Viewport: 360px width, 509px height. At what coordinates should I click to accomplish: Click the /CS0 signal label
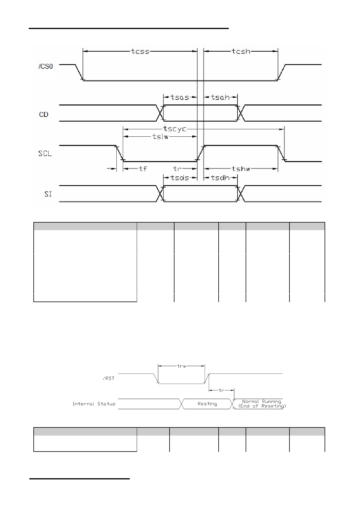click(46, 67)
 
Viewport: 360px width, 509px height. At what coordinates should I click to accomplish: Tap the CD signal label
click(44, 115)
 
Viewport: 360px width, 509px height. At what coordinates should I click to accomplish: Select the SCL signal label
click(45, 154)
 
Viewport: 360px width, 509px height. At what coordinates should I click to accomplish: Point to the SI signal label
click(48, 194)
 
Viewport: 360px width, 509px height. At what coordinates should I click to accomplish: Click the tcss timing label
click(140, 51)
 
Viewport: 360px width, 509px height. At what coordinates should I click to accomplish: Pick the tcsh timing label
click(241, 51)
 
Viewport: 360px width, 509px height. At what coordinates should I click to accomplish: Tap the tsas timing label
click(180, 97)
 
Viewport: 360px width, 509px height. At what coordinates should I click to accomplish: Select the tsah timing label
click(220, 97)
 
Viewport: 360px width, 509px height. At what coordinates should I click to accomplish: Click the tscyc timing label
click(175, 129)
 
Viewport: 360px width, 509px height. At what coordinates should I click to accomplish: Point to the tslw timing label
click(161, 136)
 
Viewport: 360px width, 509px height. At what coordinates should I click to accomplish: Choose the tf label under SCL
click(143, 169)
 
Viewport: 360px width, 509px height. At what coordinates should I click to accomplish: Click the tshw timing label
click(241, 169)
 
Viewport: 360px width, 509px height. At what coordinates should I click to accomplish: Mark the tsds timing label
click(180, 178)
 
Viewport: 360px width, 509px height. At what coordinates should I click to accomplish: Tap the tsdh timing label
click(220, 178)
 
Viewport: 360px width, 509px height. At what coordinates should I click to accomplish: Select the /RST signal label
click(109, 379)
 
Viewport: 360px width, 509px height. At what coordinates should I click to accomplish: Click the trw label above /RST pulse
click(181, 366)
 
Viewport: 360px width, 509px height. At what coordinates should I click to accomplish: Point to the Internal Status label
click(94, 404)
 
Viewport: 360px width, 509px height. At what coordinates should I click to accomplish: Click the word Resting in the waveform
click(207, 404)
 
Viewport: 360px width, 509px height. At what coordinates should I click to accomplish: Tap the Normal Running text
click(262, 402)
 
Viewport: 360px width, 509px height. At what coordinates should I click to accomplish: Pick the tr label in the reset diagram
click(222, 390)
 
